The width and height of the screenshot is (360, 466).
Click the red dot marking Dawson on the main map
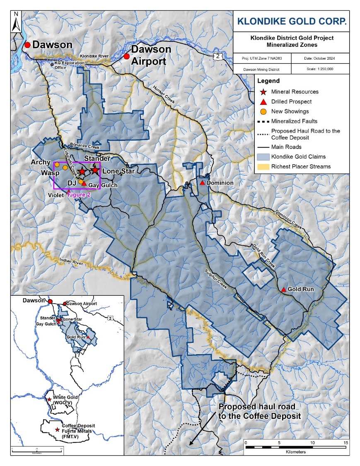coord(27,45)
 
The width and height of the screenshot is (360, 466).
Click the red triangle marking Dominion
coord(202,183)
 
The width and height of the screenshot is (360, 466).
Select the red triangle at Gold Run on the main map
coord(283,290)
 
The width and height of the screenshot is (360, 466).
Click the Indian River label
coord(71,261)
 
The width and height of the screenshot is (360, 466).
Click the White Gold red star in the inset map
coord(50,399)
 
